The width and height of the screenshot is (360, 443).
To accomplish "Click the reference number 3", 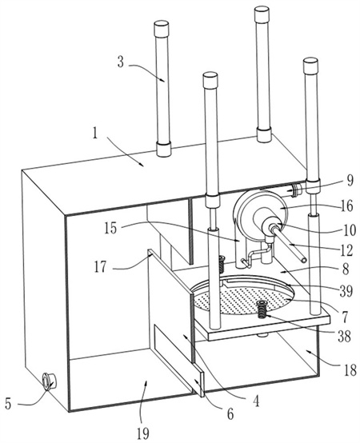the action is pos(121,62).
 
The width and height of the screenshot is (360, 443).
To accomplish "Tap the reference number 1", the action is pos(95,134).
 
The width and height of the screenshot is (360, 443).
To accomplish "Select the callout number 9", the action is pos(350,181).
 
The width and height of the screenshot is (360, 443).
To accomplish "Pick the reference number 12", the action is pos(347,250).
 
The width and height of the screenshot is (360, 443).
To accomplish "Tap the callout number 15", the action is pos(110,228).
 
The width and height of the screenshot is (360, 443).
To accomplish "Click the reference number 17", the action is pos(101,266).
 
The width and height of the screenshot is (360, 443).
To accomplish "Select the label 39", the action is pos(346,290).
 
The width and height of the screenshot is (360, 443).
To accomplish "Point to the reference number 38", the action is pos(344,336).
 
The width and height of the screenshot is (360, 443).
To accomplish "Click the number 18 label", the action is pos(350,370).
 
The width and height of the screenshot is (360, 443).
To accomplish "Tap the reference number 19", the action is pos(143,433).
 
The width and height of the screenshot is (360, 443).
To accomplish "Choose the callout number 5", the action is pos(8,404).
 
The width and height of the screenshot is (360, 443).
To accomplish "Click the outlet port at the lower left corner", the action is pos(49,381).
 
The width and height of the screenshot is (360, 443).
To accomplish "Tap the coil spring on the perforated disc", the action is pos(262,309).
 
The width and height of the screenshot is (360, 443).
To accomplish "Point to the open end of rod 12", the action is pos(303,260).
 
